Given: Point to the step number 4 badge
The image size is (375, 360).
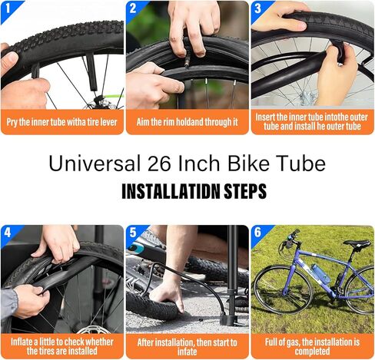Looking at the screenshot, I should point(8,232).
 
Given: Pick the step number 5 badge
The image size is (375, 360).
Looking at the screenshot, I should point(133,232).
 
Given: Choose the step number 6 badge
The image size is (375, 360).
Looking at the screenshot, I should point(258,232).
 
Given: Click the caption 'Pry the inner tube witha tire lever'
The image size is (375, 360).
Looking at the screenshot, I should point(62,122).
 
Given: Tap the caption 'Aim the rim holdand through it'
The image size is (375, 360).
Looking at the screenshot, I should point(187,122).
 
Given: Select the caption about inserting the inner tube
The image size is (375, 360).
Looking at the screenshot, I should point(313,122).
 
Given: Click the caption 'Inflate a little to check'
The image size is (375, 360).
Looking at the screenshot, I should point(62,346).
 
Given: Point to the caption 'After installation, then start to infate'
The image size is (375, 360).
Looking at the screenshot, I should point(187,346).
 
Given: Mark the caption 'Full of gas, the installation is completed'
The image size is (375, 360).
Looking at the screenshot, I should point(313,346).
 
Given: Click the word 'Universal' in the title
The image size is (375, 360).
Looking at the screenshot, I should point(89,163).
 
